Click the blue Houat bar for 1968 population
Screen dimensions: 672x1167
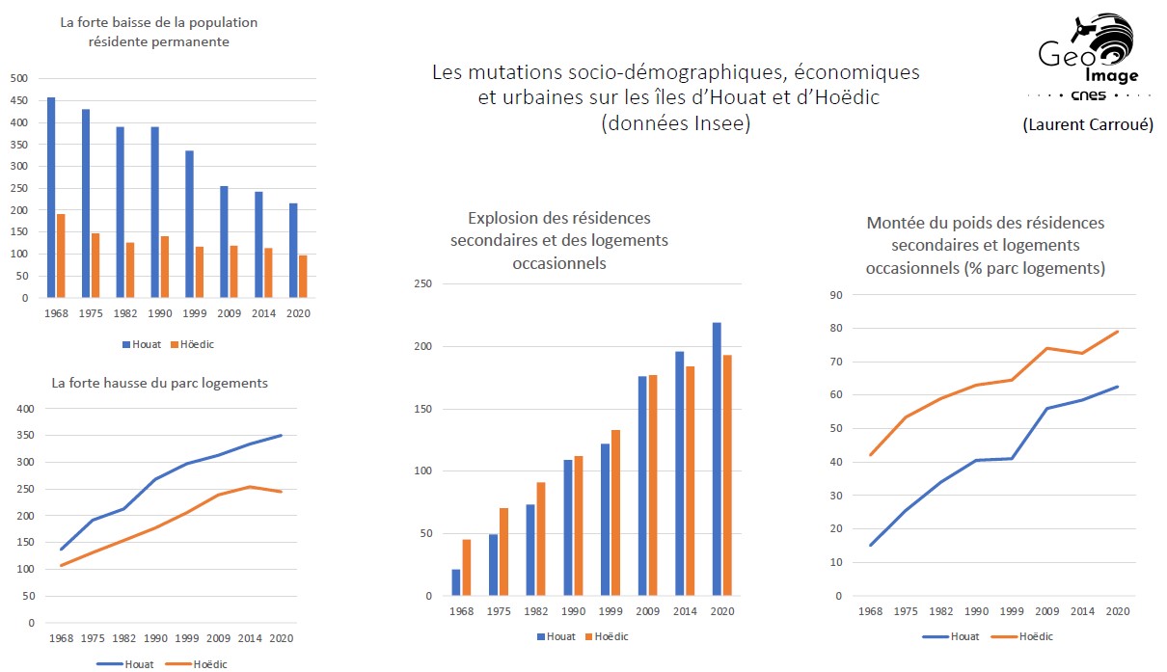[51, 198]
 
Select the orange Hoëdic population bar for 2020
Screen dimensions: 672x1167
[303, 277]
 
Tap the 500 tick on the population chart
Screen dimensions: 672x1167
[19, 78]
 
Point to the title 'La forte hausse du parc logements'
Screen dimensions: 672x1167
[160, 383]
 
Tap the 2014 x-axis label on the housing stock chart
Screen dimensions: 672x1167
[251, 638]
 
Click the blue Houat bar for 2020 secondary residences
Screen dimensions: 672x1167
[717, 459]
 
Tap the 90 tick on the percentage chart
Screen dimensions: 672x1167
[836, 296]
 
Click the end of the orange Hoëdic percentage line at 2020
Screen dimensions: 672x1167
[1118, 332]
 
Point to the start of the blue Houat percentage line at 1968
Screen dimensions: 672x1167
[871, 546]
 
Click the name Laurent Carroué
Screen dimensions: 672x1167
[1087, 124]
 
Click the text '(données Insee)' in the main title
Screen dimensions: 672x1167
[675, 123]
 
